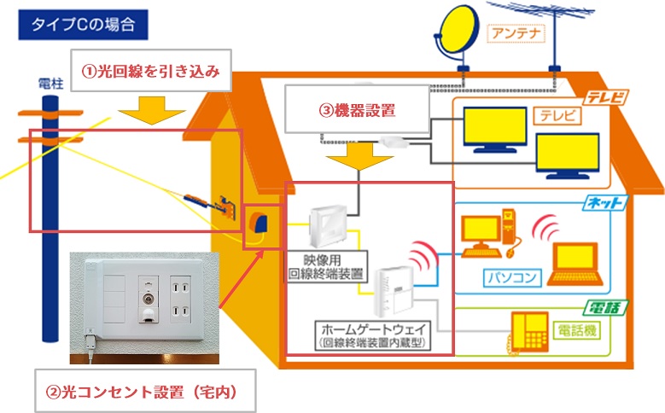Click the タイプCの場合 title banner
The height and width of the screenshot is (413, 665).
coord(83,24)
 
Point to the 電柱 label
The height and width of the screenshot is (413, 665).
coord(51,84)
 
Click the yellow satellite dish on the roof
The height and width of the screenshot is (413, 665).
coord(460,32)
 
